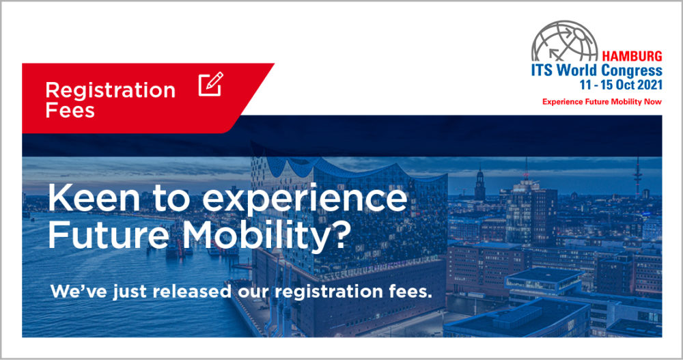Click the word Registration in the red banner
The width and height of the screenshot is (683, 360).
pos(110,91)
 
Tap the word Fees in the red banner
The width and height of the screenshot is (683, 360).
pos(70,110)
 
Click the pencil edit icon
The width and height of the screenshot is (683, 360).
pos(211,84)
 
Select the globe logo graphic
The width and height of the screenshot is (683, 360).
pos(565,41)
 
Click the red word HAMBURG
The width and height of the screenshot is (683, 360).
pos(632,56)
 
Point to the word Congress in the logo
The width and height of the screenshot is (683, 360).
pos(632,70)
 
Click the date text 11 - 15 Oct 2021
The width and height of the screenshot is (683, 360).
pos(621,85)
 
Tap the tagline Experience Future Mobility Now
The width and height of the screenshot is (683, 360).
pos(602,102)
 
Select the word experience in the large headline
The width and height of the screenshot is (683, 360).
pos(305,199)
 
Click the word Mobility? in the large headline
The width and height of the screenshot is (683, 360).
pos(266,236)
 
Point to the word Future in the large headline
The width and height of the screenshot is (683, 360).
pos(108,236)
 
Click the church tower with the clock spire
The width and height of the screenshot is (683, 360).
pos(479,183)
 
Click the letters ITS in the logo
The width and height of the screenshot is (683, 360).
pos(542,70)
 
